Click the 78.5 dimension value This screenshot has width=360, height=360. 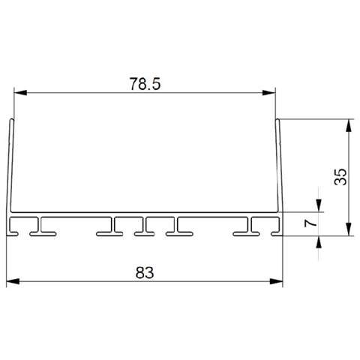pyautogui.click(x=145, y=84)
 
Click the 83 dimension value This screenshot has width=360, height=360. pyautogui.click(x=145, y=273)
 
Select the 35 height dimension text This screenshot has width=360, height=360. pyautogui.click(x=340, y=177)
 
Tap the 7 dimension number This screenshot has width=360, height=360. pyautogui.click(x=310, y=223)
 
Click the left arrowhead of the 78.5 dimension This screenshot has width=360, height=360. pyautogui.click(x=20, y=93)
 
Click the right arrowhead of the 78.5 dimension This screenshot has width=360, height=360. pyautogui.click(x=269, y=93)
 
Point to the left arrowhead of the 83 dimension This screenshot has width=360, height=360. pyautogui.click(x=13, y=281)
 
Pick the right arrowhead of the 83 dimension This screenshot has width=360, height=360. pyautogui.click(x=276, y=281)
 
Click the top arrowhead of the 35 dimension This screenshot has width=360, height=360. pyautogui.click(x=349, y=125)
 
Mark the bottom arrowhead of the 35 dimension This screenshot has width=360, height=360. pyautogui.click(x=349, y=229)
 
